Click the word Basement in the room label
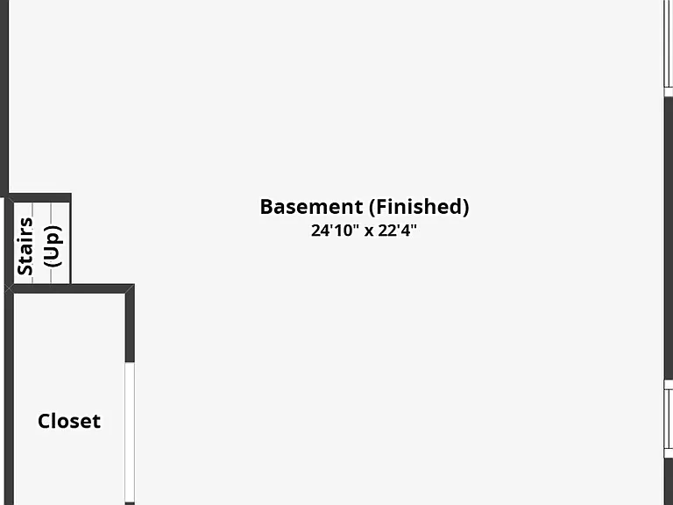coord(312,207)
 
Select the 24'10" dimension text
coord(335,231)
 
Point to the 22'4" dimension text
coord(398,231)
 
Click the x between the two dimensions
coord(369,231)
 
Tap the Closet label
coord(69,421)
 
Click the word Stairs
coord(25,246)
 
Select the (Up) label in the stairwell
coord(53,246)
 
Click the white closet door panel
coord(130,432)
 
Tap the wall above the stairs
coord(40,197)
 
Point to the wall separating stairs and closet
coord(69,288)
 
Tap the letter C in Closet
coord(44,422)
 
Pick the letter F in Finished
coord(382,207)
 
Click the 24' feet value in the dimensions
coord(322,231)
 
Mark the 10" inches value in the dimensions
coord(347,231)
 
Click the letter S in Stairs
coord(25,270)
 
